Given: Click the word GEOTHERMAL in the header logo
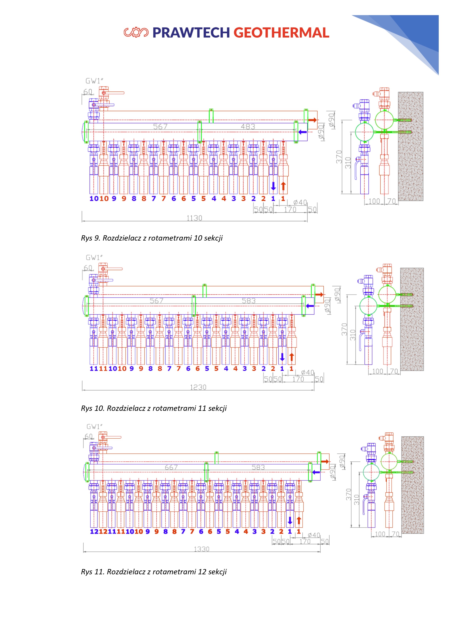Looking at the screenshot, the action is pos(281,33).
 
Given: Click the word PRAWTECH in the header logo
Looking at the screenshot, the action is pos(191,33).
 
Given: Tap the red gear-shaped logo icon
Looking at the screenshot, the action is pos(136,32).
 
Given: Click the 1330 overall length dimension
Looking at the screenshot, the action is pos(202,549).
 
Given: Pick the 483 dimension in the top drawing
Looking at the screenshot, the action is pos(248,127).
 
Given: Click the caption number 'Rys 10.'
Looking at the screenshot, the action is pos(93,408).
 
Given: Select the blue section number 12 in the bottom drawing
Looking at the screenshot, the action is pos(94,532).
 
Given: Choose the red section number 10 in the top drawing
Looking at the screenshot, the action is pos(104,199).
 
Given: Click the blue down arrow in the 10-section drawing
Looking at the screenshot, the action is pos(273,186).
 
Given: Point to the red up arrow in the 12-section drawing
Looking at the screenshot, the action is pos(299,520).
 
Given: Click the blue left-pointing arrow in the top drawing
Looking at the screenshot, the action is pos(303,132).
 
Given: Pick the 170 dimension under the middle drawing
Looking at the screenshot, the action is pos(298,379).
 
